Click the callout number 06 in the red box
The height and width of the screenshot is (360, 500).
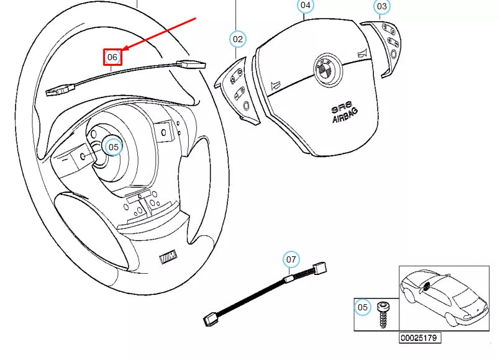coord(112,57)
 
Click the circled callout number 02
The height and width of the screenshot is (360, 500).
coord(238,39)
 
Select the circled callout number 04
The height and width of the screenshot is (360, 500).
coord(305,6)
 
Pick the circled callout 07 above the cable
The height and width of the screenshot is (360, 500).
coord(291,259)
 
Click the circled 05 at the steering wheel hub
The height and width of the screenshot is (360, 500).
coord(113,147)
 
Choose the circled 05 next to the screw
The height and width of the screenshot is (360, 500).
coord(363,307)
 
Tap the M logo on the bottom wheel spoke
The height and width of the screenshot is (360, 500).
coord(168,256)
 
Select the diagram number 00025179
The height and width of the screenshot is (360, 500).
coord(420,339)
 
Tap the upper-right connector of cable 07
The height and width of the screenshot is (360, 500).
coord(320,269)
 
